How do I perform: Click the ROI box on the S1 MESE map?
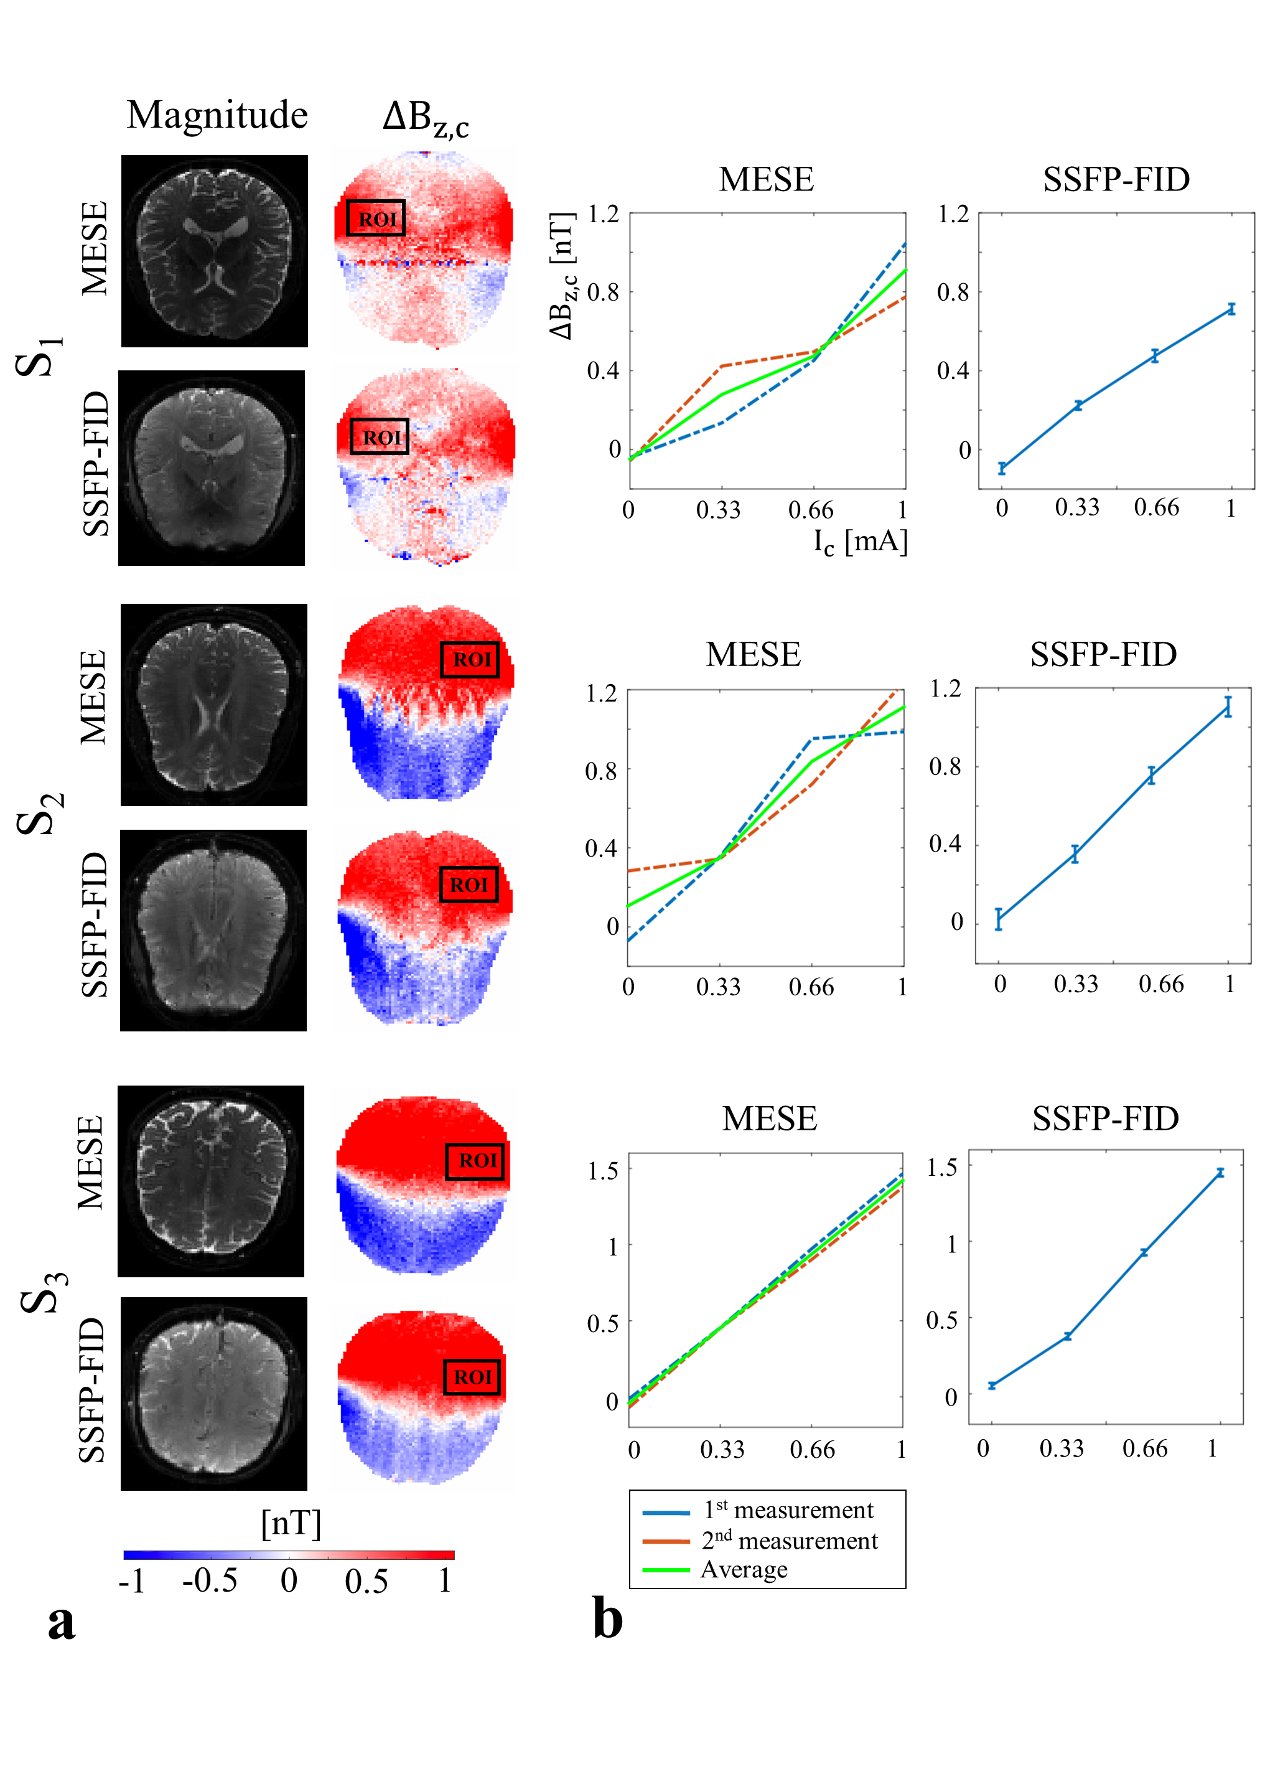pos(376,218)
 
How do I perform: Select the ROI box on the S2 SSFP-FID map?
pos(469,885)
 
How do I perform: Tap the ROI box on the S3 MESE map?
pos(475,1161)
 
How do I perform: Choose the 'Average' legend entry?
pos(744,1570)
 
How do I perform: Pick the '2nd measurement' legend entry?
pos(789,1540)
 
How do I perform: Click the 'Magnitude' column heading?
pos(217,115)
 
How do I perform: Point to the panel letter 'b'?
pos(608,1618)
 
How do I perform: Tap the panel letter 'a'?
pos(61,1621)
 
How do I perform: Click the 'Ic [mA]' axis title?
pos(861,542)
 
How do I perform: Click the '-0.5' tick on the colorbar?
pos(210,1581)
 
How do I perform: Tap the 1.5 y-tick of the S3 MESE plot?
pos(602,1171)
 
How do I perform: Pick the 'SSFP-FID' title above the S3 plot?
pos(1105,1119)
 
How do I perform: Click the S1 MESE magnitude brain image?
pos(214,251)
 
